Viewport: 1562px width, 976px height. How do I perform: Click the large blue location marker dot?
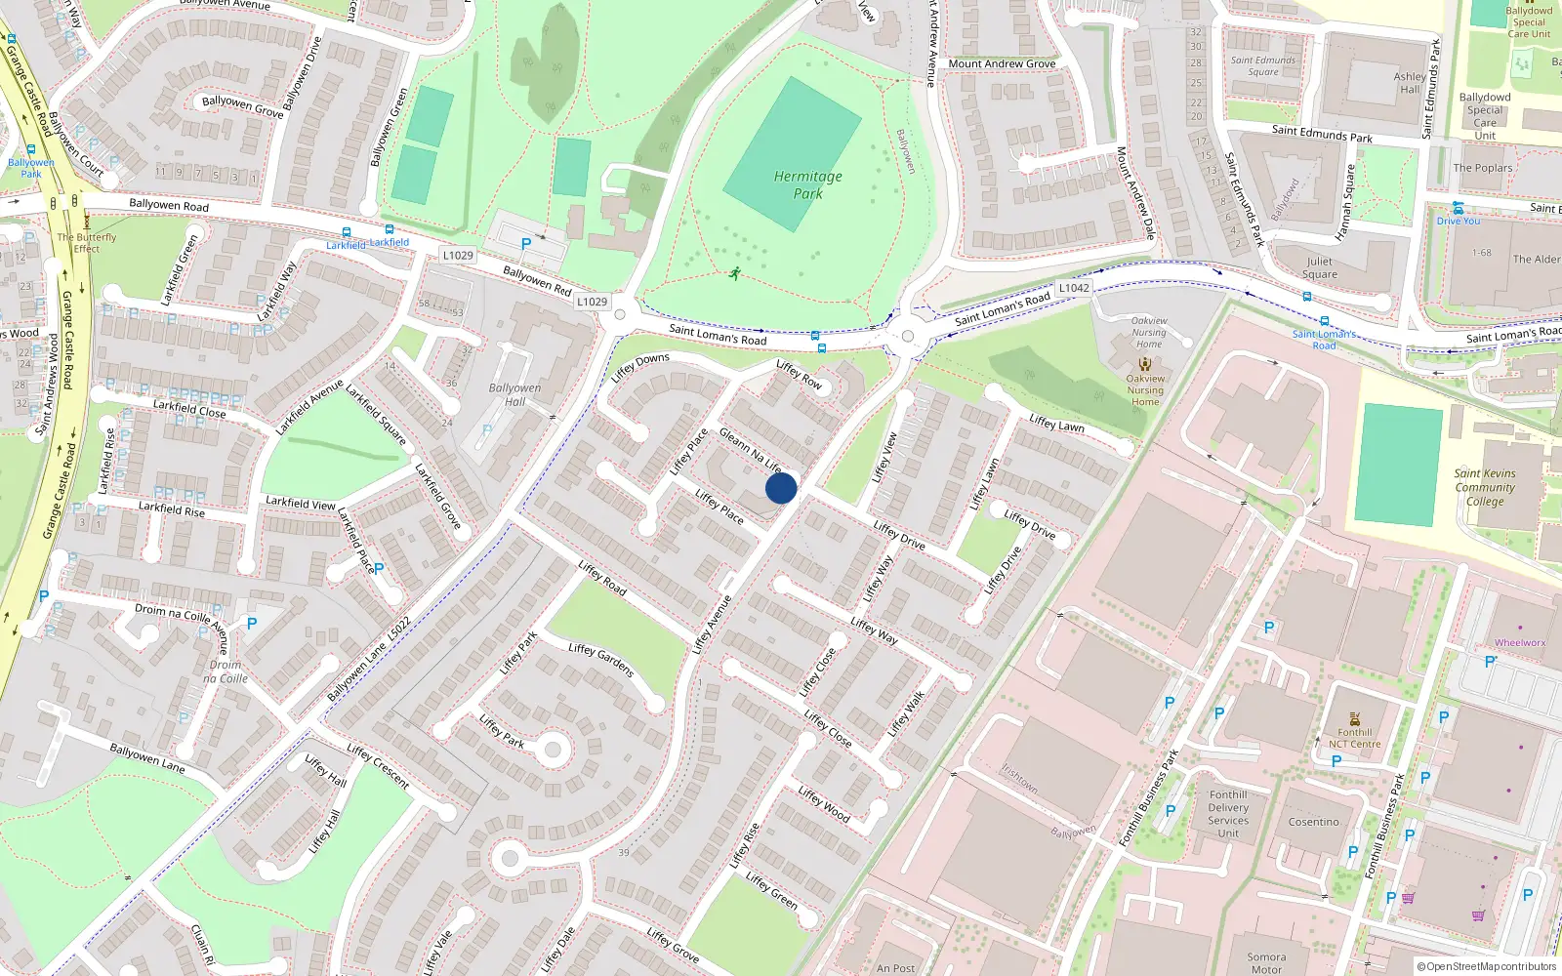pos(781,488)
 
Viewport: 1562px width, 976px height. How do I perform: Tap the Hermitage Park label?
pos(807,184)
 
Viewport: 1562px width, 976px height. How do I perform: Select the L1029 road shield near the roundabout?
pos(591,302)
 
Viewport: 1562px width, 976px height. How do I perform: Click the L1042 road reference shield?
pos(1074,288)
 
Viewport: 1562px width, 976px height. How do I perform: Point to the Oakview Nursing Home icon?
pos(1145,364)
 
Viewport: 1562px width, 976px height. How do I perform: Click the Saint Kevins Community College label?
pos(1485,487)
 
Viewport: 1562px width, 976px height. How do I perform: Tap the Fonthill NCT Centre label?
pos(1354,738)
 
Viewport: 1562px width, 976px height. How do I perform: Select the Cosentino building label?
pos(1313,822)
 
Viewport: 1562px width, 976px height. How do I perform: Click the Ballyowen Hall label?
pos(514,394)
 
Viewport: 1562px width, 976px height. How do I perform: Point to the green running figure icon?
pos(734,274)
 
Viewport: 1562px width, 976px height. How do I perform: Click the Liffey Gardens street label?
pos(601,660)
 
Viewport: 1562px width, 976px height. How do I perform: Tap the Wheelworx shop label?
pos(1520,642)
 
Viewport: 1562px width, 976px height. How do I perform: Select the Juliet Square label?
pos(1319,267)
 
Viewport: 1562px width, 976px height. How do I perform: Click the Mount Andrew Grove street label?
pos(1002,63)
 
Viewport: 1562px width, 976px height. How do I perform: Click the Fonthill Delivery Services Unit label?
pos(1228,814)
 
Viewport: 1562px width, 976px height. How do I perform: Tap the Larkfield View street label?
pos(301,503)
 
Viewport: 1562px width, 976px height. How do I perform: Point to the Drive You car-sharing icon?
pos(1458,208)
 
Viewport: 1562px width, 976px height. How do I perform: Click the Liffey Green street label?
pos(771,890)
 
